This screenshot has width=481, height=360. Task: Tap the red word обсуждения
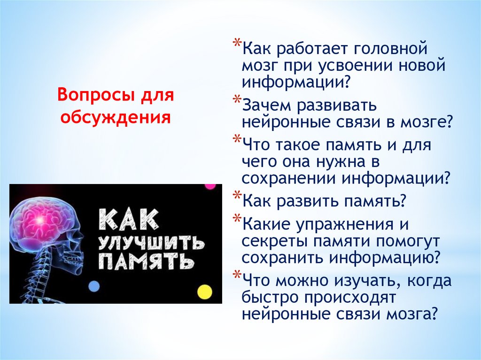pos(116,115)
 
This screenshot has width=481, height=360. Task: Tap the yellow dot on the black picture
pos(204,291)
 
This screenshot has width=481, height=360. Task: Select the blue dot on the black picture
pos(95,285)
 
